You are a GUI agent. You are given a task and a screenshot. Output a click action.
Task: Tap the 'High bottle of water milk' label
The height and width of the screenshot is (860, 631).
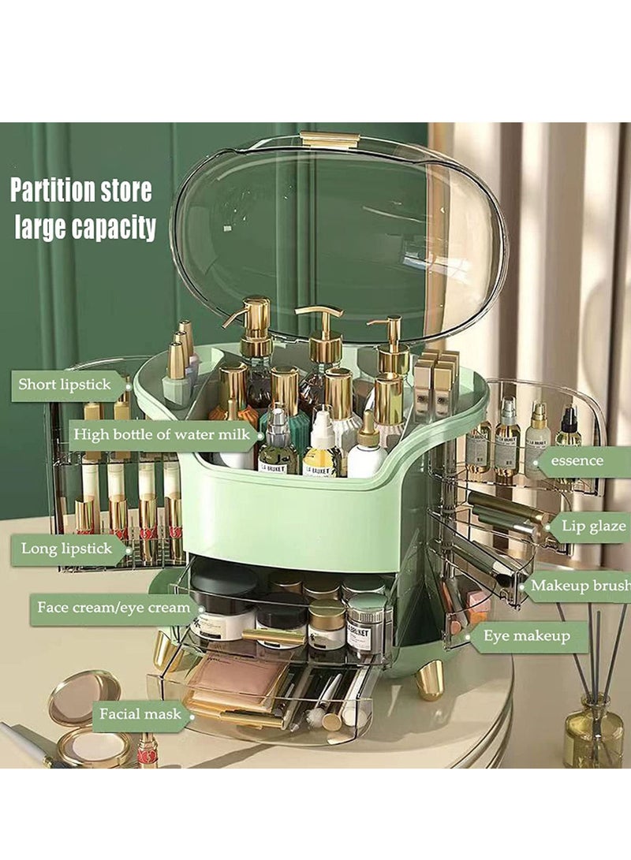coord(162,434)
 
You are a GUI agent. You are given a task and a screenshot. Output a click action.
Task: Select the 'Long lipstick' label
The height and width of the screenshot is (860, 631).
coord(67,548)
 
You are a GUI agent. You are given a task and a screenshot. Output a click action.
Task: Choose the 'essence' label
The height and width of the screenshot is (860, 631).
coord(577,460)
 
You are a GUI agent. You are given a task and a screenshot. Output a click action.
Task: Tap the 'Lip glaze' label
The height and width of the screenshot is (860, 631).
coord(593,526)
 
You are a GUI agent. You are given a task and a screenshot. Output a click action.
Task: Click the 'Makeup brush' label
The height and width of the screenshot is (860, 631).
coord(581,585)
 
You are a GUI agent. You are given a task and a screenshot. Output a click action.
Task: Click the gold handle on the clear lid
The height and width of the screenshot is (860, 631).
coord(330,140)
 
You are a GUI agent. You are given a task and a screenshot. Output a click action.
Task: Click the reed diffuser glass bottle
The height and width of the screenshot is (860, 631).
coord(592,733)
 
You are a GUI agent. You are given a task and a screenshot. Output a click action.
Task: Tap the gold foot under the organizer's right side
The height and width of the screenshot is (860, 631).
coord(429,679)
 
